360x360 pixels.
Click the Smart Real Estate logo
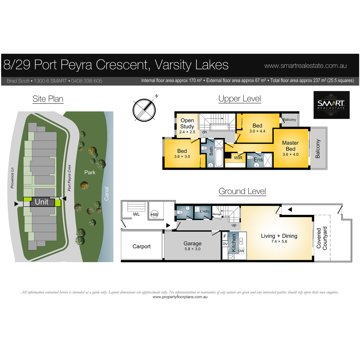pos(331,105)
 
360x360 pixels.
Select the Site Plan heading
pos(48,99)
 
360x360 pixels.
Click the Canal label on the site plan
pos(106,194)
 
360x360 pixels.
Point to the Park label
pos(90,172)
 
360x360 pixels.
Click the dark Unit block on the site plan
pos(42,202)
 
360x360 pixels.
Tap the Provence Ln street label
pos(12,178)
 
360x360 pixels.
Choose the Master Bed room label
pos(290,146)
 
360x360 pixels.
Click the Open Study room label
pos(187,123)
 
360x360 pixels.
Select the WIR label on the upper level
pos(238,158)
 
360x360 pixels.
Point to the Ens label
pos(258,160)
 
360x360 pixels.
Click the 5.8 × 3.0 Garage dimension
pos(192,249)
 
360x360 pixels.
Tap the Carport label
pos(141,246)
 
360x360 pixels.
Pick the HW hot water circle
pos(154,215)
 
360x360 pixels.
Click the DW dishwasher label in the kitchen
pos(241,251)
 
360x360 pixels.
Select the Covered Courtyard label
pos(322,238)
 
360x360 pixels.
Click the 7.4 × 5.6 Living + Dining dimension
pos(279,241)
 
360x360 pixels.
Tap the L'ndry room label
pos(205,211)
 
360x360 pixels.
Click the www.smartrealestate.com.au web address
pos(305,66)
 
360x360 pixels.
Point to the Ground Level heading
pos(242,191)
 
